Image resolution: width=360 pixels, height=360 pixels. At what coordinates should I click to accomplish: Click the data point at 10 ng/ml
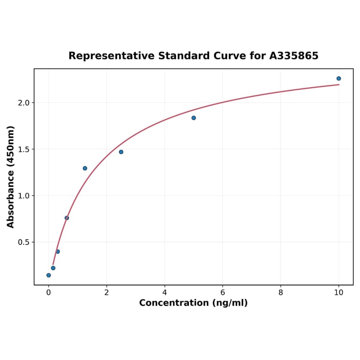tap(338, 78)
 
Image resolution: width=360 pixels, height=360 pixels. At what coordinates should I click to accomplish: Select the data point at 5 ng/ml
tap(194, 118)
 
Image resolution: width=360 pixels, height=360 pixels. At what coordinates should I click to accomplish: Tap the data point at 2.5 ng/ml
tap(121, 152)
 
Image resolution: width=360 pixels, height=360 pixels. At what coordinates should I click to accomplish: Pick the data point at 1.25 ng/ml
tap(85, 168)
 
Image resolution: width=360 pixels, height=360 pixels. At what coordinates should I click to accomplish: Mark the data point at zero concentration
tap(49, 275)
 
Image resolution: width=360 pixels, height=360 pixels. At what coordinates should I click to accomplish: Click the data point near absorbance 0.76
tap(67, 218)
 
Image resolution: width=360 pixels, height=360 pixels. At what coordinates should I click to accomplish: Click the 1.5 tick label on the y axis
tap(24, 149)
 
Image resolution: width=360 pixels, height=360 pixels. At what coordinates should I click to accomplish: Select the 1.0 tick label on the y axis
tap(24, 196)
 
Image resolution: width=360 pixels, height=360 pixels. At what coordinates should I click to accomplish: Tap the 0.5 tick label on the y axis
tap(24, 242)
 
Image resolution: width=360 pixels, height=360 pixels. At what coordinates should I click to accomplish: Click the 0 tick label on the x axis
tap(49, 292)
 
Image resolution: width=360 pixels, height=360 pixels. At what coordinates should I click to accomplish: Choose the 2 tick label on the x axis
tap(106, 292)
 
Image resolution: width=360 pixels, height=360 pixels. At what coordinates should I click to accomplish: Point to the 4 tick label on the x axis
tap(164, 292)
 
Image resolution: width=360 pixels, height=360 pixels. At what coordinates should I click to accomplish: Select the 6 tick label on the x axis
tap(222, 292)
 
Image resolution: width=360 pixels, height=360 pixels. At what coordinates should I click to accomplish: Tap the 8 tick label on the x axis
tap(281, 292)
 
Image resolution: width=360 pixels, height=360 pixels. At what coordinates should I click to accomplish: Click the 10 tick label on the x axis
tap(338, 292)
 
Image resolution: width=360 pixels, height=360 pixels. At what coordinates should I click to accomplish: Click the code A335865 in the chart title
tap(294, 56)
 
